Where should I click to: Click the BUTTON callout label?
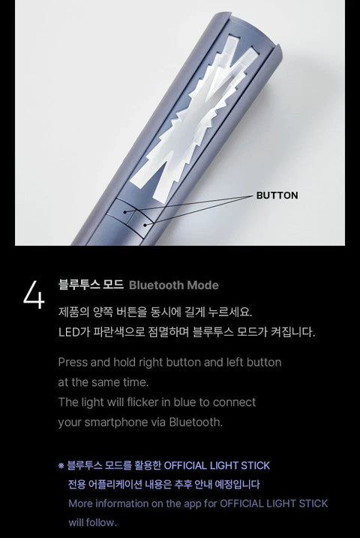(277, 196)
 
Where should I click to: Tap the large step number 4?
(34, 296)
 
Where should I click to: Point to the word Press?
(73, 362)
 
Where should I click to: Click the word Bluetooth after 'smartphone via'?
(196, 422)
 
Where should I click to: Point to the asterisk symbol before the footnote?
(61, 466)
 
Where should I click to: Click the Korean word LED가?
(73, 331)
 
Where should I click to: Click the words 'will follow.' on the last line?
(93, 522)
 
